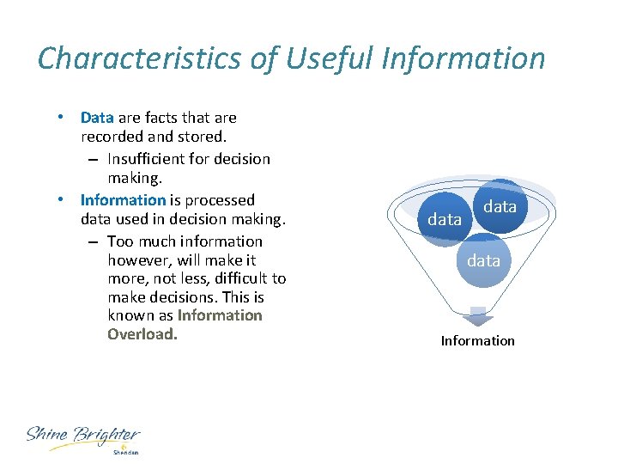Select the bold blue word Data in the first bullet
tap(97, 118)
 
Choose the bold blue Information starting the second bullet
tap(122, 200)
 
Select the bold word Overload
tap(142, 334)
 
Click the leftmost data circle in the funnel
tap(445, 220)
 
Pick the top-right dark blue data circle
tap(500, 206)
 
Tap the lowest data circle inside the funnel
tap(483, 260)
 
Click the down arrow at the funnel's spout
tap(478, 315)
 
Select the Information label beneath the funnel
tap(478, 341)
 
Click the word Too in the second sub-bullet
tap(120, 241)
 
